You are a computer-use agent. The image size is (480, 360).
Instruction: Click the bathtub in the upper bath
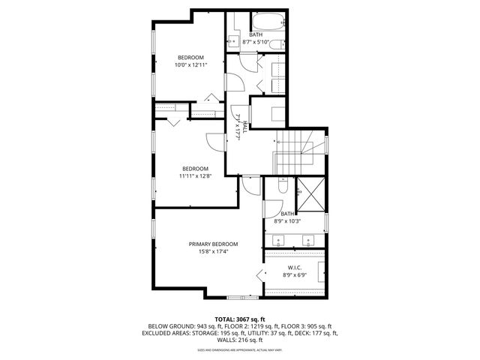pyautogui.click(x=266, y=21)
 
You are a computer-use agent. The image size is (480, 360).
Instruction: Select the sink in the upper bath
pyautogui.click(x=232, y=41)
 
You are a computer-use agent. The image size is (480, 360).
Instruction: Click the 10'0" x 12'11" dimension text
pyautogui.click(x=190, y=65)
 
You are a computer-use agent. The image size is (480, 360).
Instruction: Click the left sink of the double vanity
pyautogui.click(x=280, y=241)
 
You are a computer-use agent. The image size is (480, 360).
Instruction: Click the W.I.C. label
pyautogui.click(x=295, y=268)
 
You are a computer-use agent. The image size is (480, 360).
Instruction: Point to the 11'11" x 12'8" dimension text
pyautogui.click(x=194, y=177)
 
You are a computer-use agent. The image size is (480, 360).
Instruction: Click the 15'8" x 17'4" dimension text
pyautogui.click(x=213, y=253)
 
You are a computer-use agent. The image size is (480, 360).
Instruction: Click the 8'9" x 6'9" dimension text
pyautogui.click(x=295, y=275)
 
